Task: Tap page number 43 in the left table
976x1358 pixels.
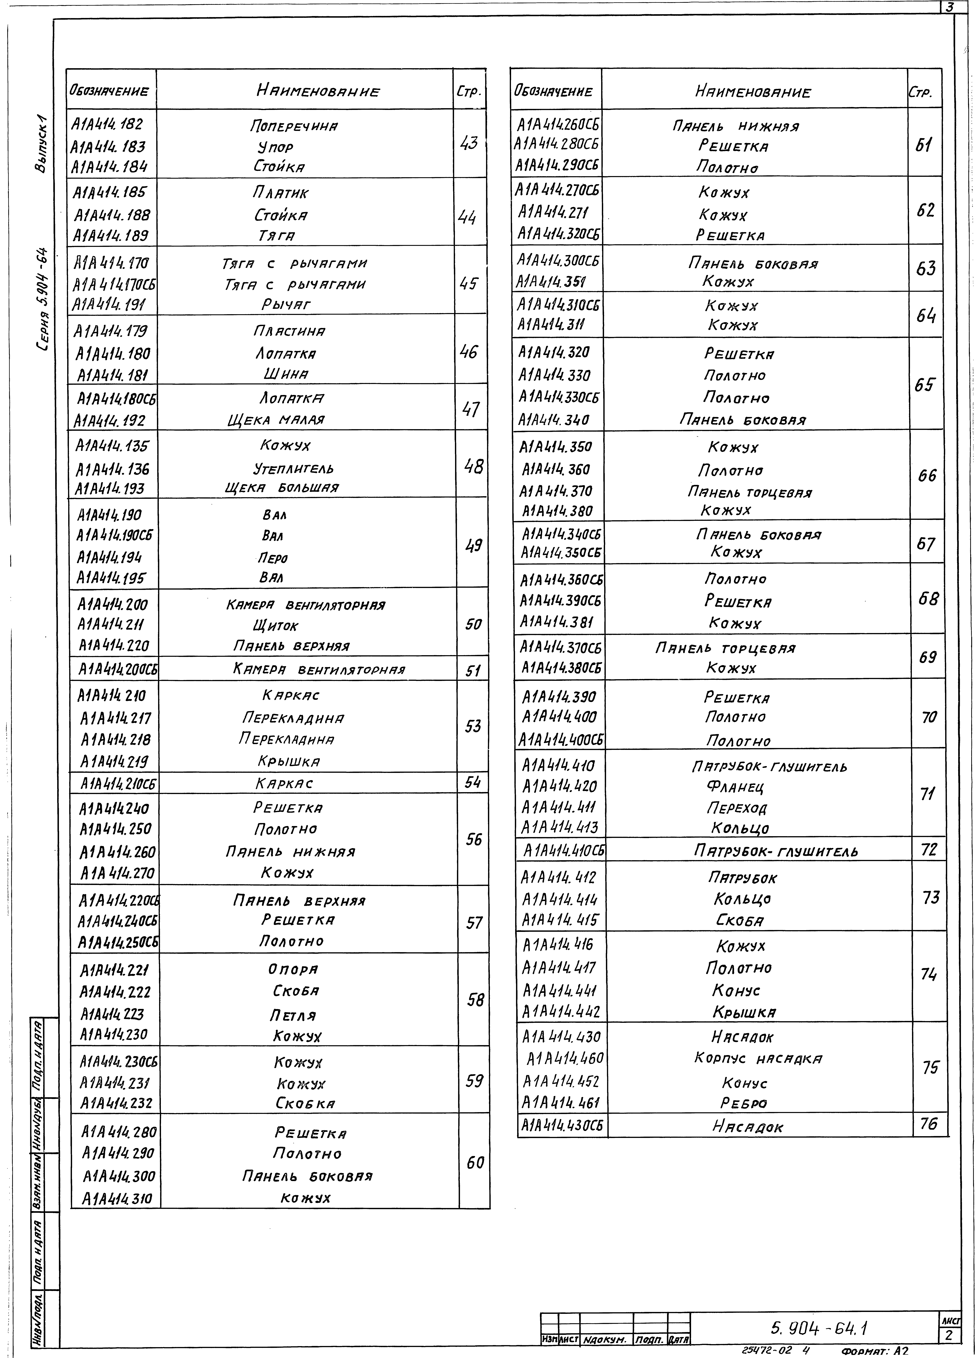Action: [x=469, y=143]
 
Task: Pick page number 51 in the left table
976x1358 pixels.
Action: [x=473, y=671]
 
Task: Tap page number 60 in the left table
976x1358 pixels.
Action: [x=475, y=1163]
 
